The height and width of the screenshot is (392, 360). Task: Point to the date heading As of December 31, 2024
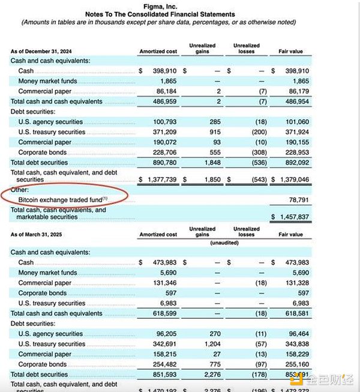click(x=41, y=51)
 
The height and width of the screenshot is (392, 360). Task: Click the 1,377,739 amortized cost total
click(x=159, y=179)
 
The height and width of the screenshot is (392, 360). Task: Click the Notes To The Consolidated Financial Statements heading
click(x=160, y=14)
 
